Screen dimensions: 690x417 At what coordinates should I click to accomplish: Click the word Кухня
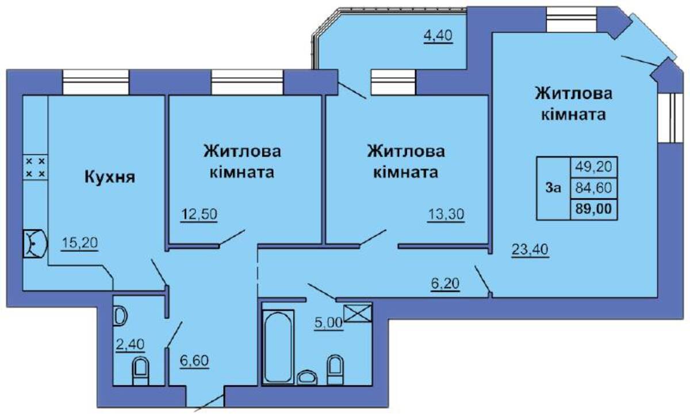coord(110,177)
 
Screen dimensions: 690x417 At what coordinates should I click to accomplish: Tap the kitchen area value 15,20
coord(80,243)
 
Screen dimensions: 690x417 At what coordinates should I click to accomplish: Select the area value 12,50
coord(199,214)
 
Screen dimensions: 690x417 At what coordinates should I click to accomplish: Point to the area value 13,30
coord(446,214)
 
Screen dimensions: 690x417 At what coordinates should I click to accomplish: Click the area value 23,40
coord(530,249)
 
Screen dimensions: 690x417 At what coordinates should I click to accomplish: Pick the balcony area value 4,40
coord(438,36)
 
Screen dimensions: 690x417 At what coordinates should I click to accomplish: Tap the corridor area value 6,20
coord(445,283)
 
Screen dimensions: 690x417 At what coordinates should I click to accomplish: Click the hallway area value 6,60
coord(194,361)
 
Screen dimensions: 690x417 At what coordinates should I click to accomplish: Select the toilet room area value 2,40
coord(130,344)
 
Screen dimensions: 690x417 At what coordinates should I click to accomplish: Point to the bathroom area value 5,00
coord(329,323)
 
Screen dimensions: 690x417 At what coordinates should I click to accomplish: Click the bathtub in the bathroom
coord(278,347)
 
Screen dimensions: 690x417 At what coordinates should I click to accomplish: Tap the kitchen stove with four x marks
coord(36,167)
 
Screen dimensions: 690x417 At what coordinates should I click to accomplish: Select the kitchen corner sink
coord(35,244)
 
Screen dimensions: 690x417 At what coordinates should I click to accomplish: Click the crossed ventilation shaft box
coord(358,313)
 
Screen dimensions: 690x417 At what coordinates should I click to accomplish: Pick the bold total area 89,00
coord(593,209)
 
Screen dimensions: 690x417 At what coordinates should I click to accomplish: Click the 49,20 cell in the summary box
coord(593,167)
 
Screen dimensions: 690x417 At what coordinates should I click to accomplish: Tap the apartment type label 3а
coord(553,187)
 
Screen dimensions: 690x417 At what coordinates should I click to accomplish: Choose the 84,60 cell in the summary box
coord(593,188)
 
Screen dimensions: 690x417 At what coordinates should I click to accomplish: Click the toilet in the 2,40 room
coord(140,371)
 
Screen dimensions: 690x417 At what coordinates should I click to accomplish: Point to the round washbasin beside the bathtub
coord(307,377)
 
